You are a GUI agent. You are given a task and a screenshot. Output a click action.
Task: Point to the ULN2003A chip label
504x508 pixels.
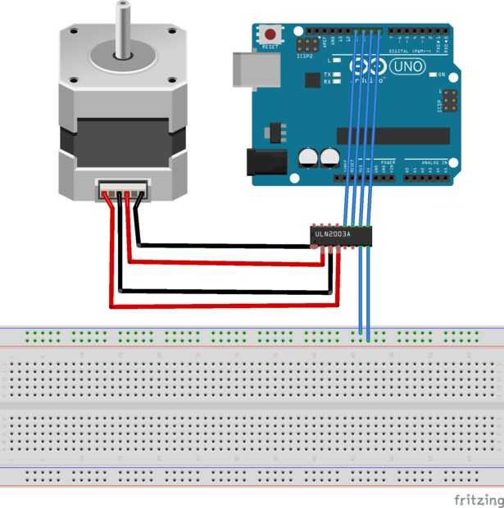click(332, 235)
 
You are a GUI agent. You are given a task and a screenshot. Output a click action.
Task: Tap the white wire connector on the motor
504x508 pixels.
click(124, 188)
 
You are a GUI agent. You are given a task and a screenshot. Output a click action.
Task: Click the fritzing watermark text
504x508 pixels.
click(479, 499)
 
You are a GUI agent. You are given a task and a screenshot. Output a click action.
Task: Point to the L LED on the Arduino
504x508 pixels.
click(337, 61)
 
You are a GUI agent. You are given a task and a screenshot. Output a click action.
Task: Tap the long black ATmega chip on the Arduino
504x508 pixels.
click(393, 135)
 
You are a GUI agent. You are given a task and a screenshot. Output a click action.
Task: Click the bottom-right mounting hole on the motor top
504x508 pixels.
click(172, 80)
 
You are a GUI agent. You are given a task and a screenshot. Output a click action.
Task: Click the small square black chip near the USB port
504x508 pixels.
click(311, 79)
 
